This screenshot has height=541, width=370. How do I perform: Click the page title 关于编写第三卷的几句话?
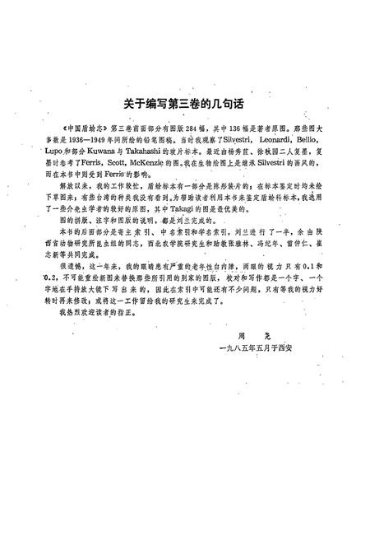[x=184, y=106]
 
